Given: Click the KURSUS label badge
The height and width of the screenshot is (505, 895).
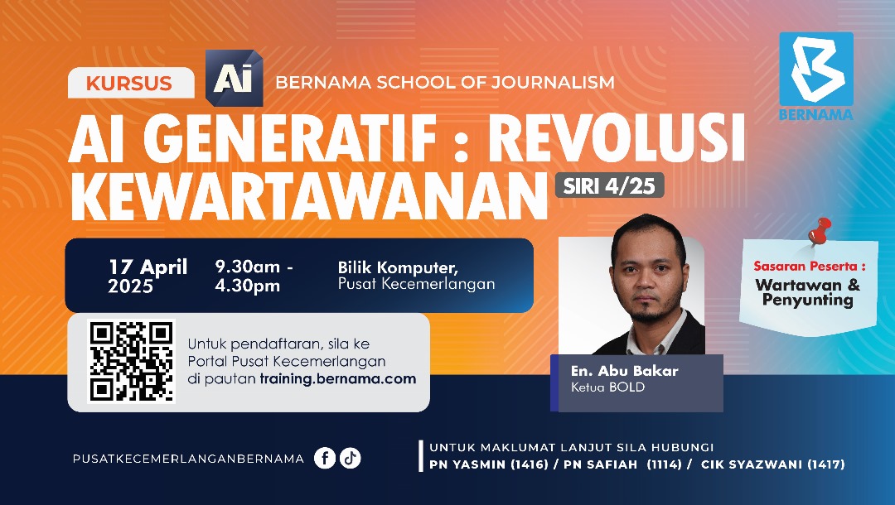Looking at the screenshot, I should [x=129, y=83].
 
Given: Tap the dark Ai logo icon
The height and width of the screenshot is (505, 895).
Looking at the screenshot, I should [x=234, y=78].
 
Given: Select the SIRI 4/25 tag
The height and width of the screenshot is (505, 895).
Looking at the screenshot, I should [x=609, y=185].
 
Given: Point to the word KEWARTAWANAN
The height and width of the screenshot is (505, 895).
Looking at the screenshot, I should [x=308, y=194].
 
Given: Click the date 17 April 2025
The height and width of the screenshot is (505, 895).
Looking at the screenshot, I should [x=148, y=277].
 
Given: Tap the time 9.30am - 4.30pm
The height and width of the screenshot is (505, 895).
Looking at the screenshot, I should [x=254, y=277].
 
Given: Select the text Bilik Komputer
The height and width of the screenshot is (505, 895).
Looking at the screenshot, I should [x=398, y=267].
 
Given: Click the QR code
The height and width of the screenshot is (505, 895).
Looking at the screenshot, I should [x=132, y=361].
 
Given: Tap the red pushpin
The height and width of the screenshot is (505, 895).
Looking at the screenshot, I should [x=820, y=232].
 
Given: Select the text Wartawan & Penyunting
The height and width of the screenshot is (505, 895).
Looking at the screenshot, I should [x=807, y=292].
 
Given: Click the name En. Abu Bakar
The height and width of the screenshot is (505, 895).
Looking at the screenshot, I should [x=624, y=371].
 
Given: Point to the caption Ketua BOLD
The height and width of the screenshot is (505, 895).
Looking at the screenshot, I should [x=607, y=387].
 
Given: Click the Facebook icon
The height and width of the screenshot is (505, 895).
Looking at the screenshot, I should [x=325, y=458].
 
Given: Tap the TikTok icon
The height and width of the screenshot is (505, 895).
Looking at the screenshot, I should [x=351, y=458].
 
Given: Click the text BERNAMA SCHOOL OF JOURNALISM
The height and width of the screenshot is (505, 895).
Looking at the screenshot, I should [x=444, y=83].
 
